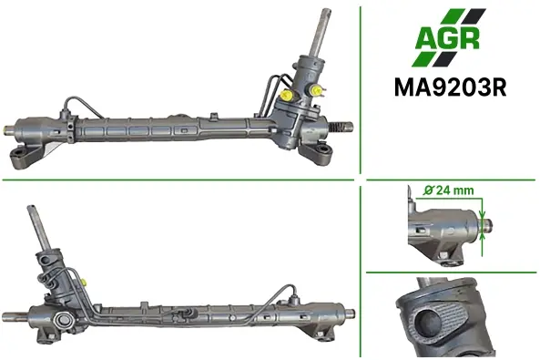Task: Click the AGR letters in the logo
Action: pyautogui.click(x=448, y=39)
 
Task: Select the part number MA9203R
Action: pyautogui.click(x=450, y=87)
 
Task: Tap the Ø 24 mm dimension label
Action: pyautogui.click(x=448, y=190)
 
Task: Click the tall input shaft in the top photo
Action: pyautogui.click(x=321, y=32)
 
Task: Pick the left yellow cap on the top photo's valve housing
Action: pyautogui.click(x=287, y=95)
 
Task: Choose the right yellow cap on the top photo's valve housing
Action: pyautogui.click(x=316, y=91)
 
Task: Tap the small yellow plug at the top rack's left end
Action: pyautogui.click(x=5, y=129)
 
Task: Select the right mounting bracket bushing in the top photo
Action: pyautogui.click(x=322, y=149)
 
